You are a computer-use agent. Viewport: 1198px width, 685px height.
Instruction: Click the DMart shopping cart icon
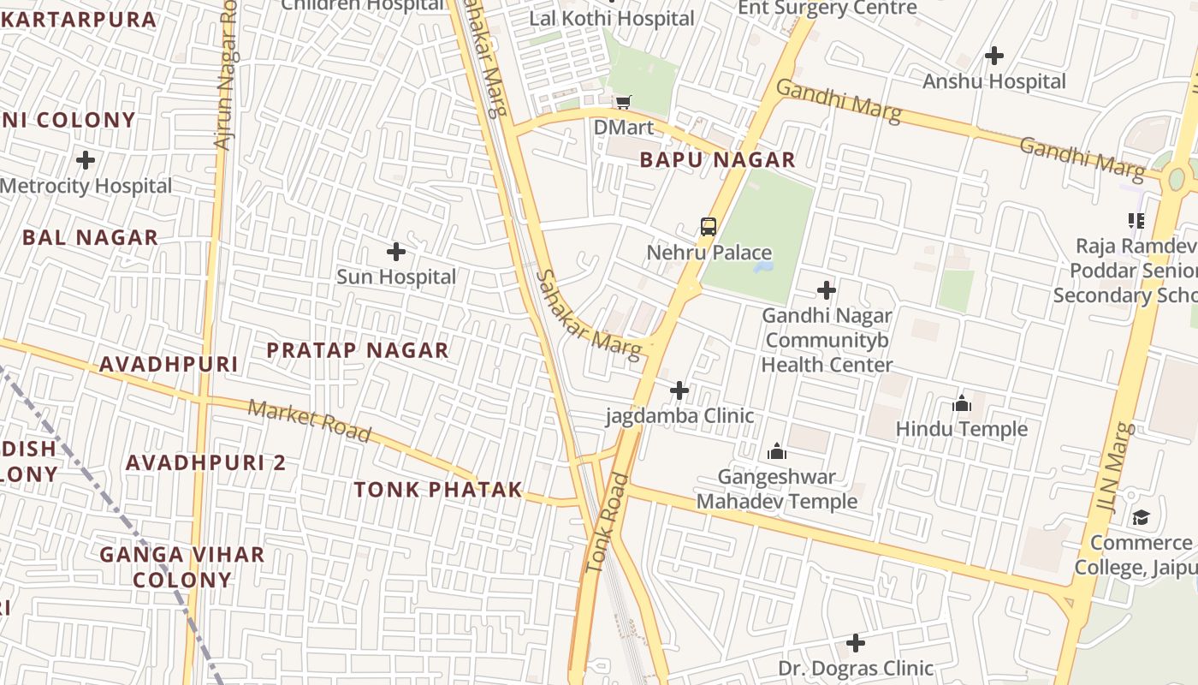tap(624, 102)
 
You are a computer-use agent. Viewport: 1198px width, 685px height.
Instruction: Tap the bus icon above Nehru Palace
tap(709, 227)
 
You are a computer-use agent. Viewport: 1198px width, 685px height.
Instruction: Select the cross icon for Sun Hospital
tap(396, 252)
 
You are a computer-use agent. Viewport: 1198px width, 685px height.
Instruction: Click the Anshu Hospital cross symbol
tap(993, 57)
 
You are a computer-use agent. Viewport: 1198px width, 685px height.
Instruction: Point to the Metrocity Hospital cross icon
tap(86, 160)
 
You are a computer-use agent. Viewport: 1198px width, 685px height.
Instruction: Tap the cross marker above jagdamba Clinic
tap(679, 391)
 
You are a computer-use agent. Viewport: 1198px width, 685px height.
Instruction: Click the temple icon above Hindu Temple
tap(962, 403)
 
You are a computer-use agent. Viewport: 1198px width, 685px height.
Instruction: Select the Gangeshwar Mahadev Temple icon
tap(777, 451)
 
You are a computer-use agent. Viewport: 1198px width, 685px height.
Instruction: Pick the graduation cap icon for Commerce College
tap(1141, 517)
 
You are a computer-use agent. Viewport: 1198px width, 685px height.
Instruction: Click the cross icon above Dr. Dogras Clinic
tap(855, 643)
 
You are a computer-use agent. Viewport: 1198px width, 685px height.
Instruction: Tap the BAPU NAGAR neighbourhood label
tap(717, 160)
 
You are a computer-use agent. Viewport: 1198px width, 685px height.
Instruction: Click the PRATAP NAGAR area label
tap(358, 350)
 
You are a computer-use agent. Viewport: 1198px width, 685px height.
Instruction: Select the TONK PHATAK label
tap(438, 490)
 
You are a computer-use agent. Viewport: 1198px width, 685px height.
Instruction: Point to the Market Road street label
tap(310, 420)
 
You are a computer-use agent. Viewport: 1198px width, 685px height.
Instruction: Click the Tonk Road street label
tap(608, 523)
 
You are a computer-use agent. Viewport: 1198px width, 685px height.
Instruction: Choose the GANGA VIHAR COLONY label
tap(182, 567)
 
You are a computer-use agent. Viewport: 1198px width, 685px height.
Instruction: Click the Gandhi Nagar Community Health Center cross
tap(826, 290)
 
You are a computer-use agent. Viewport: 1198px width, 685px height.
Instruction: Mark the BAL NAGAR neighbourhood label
tap(91, 238)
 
